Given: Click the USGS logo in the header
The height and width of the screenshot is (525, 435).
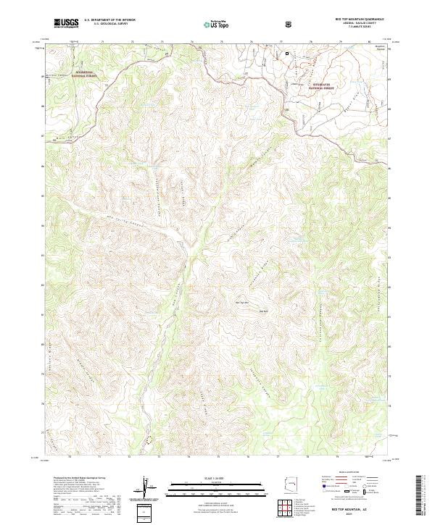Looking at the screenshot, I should [x=66, y=24].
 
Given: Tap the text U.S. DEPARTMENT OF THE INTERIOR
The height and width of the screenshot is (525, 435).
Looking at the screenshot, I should [x=109, y=21].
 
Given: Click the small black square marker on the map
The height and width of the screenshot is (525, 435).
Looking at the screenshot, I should [x=287, y=53].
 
